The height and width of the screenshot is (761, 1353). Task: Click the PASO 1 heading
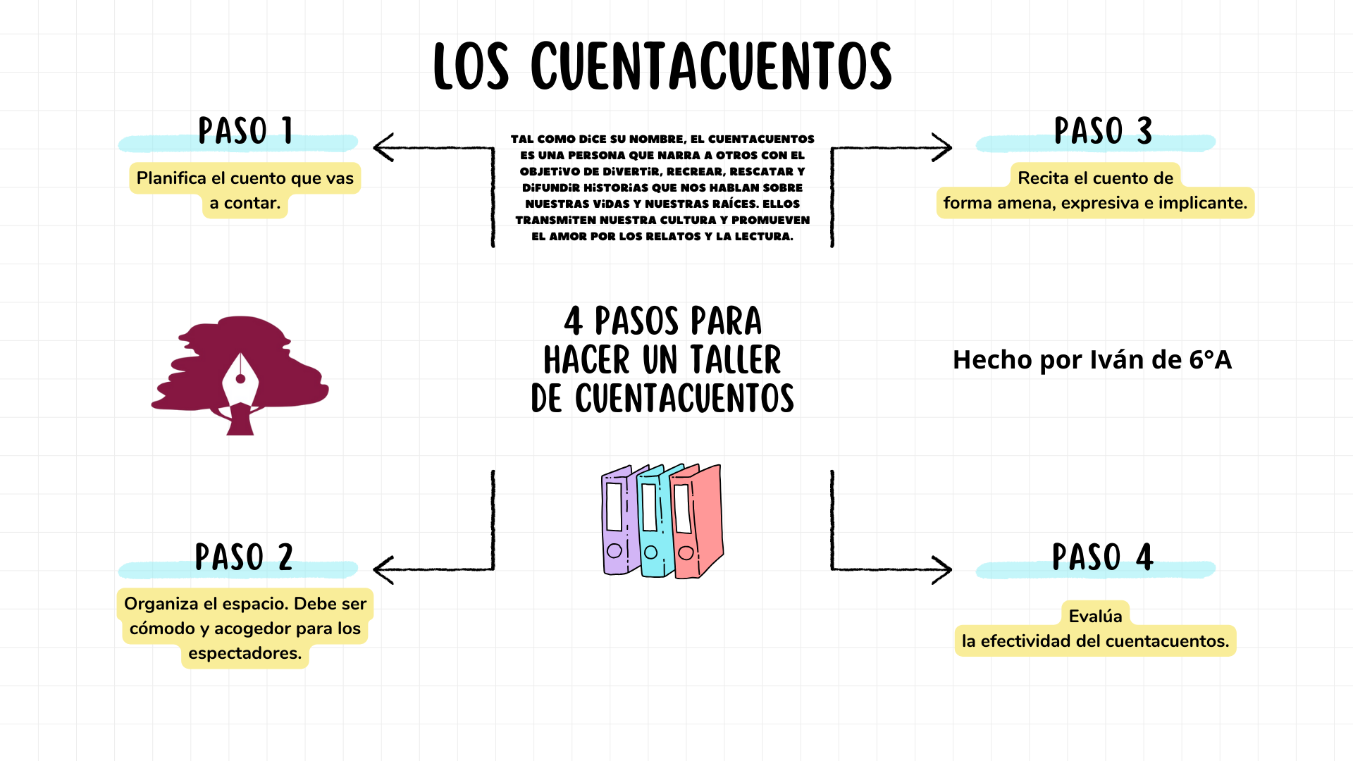[x=245, y=131]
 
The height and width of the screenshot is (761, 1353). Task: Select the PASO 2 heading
[x=244, y=557]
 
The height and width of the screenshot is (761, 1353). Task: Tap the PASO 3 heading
[x=1103, y=131]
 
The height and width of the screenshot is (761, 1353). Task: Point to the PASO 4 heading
[x=1102, y=557]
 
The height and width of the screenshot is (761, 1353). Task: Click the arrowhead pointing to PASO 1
[x=383, y=148]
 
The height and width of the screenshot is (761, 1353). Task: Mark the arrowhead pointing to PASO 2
[x=383, y=569]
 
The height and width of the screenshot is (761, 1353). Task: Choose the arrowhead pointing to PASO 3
[x=942, y=148]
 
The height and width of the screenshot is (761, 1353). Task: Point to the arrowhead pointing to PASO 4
[x=942, y=569]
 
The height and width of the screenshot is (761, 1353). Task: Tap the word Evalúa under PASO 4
[x=1095, y=616]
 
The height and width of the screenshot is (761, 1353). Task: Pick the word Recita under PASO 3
[x=1043, y=178]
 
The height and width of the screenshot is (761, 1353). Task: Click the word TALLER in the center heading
[x=736, y=360]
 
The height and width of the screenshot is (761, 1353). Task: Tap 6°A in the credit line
[x=1210, y=360]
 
